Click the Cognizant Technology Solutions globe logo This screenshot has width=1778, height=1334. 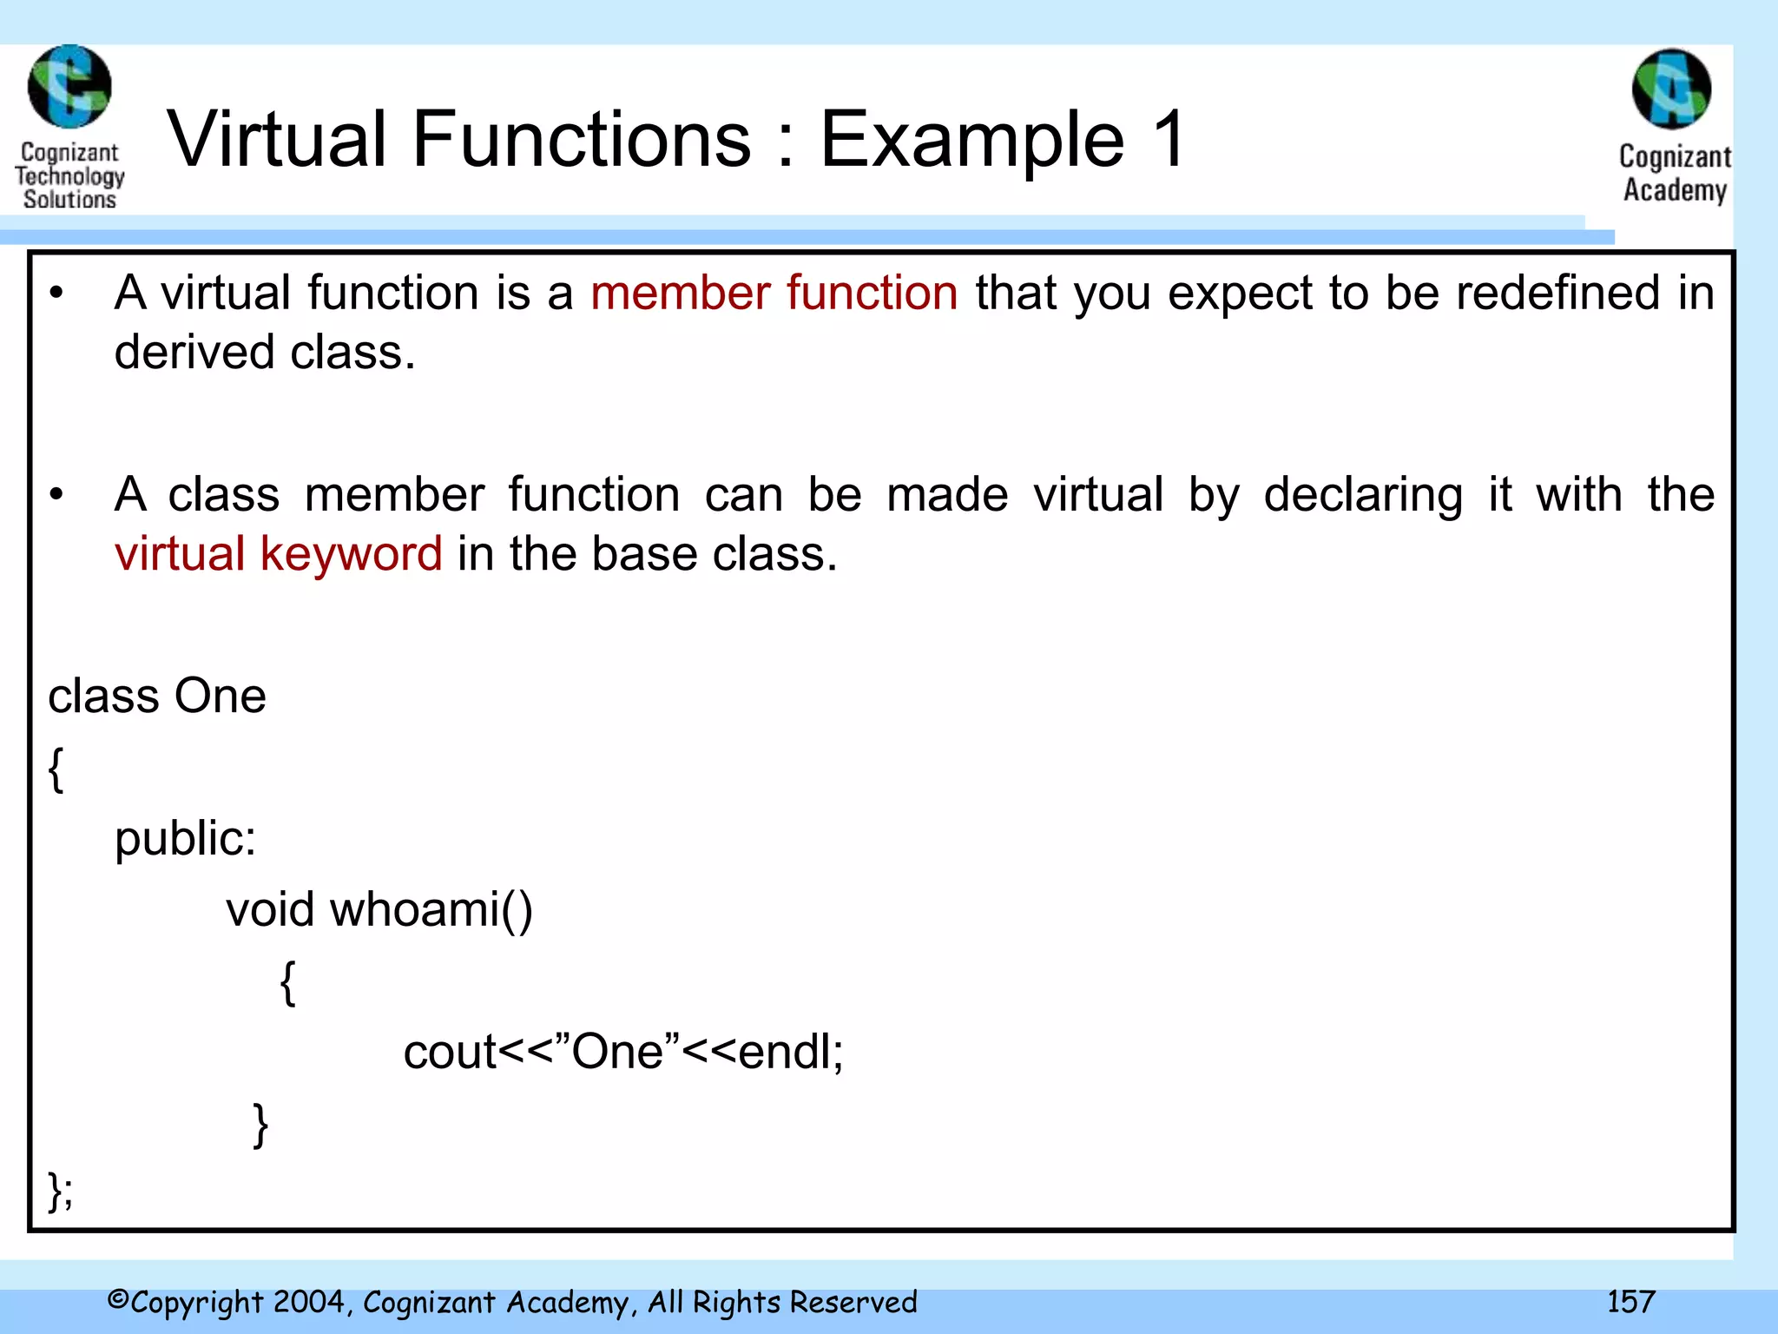tap(69, 87)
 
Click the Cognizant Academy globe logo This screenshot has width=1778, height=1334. tap(1671, 89)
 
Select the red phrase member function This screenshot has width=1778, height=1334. tap(774, 293)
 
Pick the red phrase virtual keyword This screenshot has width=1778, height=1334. tap(278, 554)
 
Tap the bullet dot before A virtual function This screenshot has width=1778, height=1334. tap(56, 294)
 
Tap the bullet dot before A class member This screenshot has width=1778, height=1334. tap(56, 495)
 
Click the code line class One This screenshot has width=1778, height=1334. tap(156, 697)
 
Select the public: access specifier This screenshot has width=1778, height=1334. tap(185, 839)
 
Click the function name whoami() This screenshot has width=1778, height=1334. tap(431, 910)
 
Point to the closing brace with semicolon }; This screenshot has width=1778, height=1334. tap(61, 1191)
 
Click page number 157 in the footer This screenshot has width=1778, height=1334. tap(1630, 1302)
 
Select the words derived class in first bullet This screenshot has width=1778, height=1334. tap(264, 353)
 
